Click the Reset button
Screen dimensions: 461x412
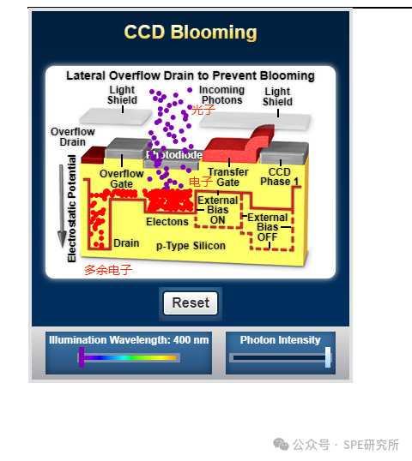191,303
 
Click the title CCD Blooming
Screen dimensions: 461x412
191,33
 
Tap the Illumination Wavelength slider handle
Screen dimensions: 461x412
82,357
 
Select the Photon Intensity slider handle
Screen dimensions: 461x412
328,357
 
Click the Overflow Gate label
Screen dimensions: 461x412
122,178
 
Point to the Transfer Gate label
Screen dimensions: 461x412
227,177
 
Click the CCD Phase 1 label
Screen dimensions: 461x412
279,177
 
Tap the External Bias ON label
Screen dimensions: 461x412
218,210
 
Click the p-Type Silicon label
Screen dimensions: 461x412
191,246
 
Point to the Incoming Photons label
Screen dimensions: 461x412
221,95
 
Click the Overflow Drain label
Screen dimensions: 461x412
73,136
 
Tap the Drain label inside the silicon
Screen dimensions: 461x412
126,243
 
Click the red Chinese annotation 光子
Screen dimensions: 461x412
203,110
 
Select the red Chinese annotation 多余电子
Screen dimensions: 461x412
107,270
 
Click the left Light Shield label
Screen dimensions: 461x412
122,95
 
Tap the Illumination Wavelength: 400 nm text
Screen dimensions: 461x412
129,340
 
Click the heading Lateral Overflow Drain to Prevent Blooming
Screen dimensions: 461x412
191,75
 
